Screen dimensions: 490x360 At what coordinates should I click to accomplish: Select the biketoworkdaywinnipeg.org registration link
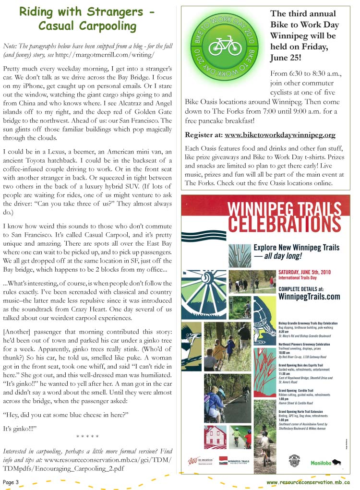[x=280, y=135]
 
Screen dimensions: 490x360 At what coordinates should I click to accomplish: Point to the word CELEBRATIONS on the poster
[x=285, y=224]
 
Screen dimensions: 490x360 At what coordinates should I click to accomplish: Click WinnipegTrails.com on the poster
[x=309, y=297]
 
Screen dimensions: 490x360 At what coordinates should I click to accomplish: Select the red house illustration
[x=215, y=437]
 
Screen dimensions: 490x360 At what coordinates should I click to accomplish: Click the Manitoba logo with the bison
[x=328, y=463]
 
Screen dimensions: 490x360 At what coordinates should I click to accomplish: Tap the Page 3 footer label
[x=11, y=482]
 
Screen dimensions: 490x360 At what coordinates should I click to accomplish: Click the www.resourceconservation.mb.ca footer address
[x=308, y=482]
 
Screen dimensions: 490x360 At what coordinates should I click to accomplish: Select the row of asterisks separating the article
[x=88, y=436]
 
